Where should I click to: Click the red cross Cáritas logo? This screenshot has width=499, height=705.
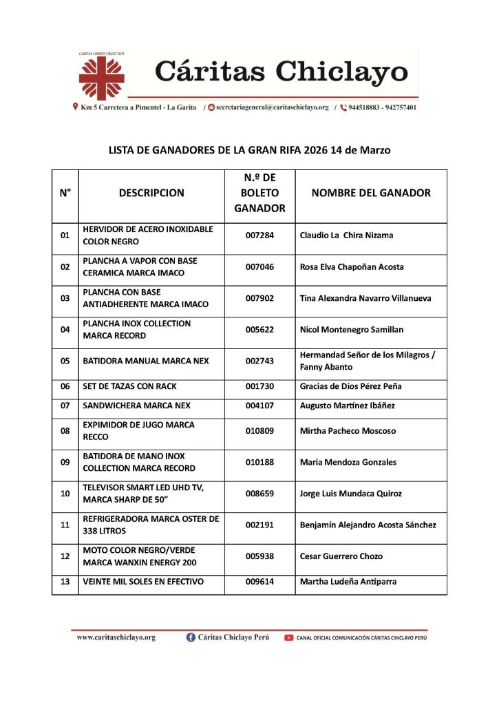[101, 76]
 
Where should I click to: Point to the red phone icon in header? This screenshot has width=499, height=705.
[343, 107]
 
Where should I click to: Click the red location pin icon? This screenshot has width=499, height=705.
[75, 107]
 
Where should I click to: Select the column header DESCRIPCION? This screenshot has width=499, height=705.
[151, 193]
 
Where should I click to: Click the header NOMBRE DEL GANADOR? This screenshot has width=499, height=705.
[371, 193]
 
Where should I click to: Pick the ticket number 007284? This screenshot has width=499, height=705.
[259, 235]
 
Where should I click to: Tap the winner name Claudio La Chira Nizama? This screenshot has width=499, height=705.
[347, 235]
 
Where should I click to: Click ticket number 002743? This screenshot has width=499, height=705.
[259, 361]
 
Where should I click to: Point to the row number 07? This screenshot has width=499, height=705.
[65, 406]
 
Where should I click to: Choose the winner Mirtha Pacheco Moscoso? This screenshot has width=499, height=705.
[348, 431]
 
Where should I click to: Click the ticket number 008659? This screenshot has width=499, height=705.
[259, 494]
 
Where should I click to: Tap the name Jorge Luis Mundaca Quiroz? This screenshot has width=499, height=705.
[351, 494]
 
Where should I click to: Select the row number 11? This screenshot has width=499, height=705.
[65, 525]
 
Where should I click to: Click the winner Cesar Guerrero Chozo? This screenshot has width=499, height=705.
[341, 556]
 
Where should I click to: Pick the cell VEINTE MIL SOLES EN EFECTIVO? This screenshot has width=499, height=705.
[143, 582]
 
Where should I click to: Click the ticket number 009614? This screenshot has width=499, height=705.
[259, 582]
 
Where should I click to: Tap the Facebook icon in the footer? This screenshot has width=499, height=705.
[191, 638]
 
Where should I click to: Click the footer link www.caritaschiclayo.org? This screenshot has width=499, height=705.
[116, 638]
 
